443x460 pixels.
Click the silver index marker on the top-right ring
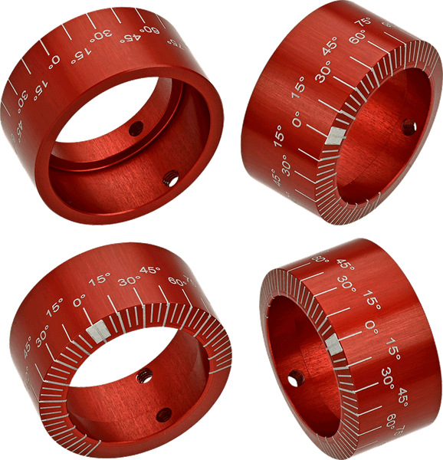tap(333, 136)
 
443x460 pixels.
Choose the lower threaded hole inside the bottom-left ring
tap(162, 416)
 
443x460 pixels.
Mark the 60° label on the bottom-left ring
tap(176, 281)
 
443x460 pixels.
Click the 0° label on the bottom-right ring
tap(371, 327)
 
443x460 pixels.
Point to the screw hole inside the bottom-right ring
tap(294, 378)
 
